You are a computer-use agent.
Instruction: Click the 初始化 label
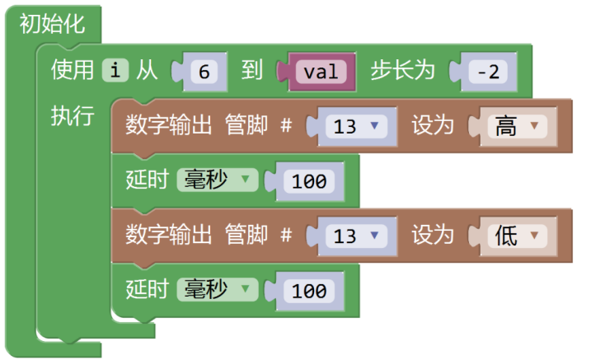pos(52,24)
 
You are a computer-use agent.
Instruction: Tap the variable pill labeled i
pos(115,71)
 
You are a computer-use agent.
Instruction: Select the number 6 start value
pos(202,72)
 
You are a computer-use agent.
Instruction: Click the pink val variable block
pos(321,72)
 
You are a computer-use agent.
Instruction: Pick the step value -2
pos(488,72)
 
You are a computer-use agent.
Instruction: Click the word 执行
pos(73,115)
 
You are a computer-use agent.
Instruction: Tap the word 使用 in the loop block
pos(73,71)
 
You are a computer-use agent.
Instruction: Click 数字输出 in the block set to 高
pos(168,126)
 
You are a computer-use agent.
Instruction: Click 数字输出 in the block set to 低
pos(168,236)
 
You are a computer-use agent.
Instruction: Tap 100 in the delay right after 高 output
pos(309,181)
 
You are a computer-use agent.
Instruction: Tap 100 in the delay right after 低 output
pos(309,291)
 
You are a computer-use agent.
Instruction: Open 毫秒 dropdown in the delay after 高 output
pos(217,180)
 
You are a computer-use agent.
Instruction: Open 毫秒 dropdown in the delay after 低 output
pos(217,290)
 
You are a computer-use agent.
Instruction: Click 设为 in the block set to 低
pos(433,236)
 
